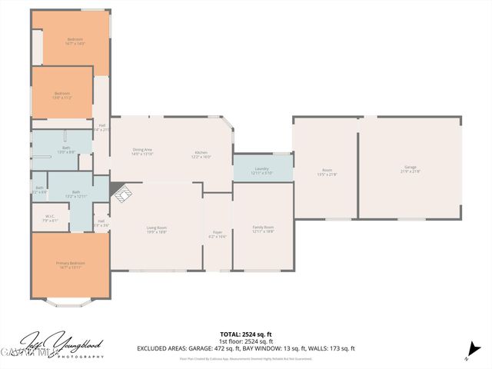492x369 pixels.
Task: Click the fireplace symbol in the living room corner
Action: pos(120,194)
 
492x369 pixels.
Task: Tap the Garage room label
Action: pos(411,169)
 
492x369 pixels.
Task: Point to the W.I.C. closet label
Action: pos(50,218)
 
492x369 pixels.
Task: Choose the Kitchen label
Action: pos(201,154)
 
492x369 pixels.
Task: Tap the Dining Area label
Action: pos(142,151)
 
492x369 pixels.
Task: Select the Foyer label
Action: pos(218,234)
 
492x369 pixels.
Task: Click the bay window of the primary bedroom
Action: pos(70,303)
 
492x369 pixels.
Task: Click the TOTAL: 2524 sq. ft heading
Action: pos(245,334)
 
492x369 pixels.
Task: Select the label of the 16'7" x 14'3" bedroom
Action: pos(75,41)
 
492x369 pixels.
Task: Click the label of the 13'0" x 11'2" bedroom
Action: pos(62,95)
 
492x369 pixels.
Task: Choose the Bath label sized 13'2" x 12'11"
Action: pos(76,194)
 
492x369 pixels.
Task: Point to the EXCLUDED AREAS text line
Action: pos(245,348)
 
